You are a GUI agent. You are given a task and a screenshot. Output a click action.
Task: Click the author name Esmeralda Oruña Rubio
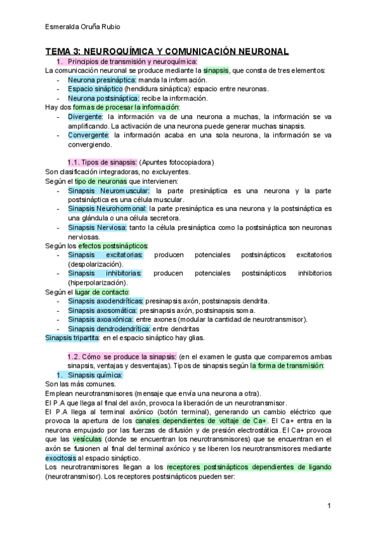(84, 26)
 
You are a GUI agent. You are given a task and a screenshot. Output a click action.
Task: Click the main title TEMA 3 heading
(167, 51)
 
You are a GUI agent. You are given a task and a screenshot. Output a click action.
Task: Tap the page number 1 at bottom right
(329, 506)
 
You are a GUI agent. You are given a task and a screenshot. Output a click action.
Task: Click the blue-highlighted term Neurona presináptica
(101, 80)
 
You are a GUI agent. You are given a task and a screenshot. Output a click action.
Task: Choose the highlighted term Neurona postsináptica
(103, 98)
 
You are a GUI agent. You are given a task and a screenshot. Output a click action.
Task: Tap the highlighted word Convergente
(88, 135)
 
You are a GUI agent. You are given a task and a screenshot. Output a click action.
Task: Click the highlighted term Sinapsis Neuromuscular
(109, 190)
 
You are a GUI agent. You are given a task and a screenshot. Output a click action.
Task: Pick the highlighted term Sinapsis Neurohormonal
(107, 208)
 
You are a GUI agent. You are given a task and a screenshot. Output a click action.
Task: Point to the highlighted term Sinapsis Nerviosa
(98, 227)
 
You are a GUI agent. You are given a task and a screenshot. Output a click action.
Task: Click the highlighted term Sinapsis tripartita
(72, 338)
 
